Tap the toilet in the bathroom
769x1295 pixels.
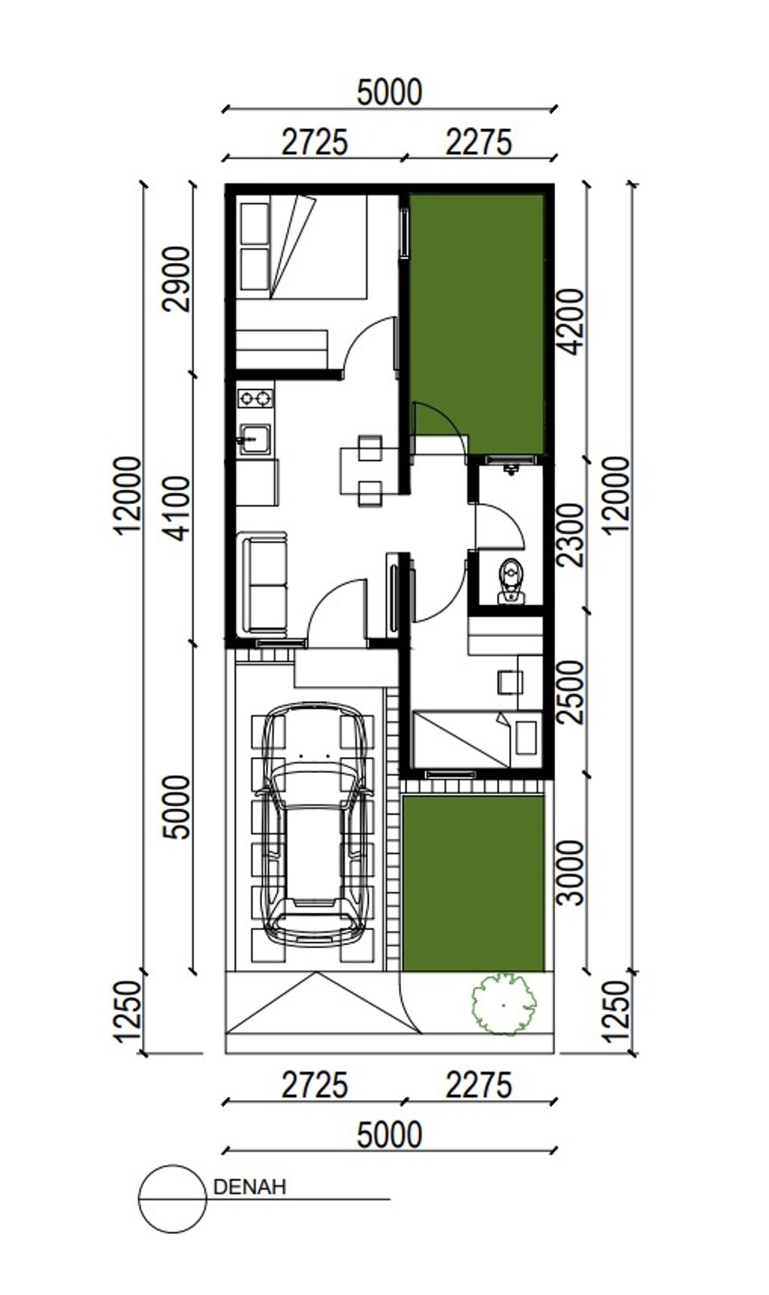point(511,581)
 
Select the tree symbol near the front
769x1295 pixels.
point(503,1004)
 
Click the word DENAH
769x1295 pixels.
point(250,1188)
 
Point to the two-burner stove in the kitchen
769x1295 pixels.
point(255,398)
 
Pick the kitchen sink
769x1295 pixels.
point(255,439)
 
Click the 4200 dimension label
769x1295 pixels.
point(571,321)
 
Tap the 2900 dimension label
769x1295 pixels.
point(179,278)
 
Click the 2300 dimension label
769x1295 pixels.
point(571,535)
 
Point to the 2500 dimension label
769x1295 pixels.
point(571,692)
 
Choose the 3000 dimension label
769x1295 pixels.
point(571,872)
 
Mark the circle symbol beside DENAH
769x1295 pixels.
point(173,1199)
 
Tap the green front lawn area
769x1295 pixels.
point(473,883)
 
